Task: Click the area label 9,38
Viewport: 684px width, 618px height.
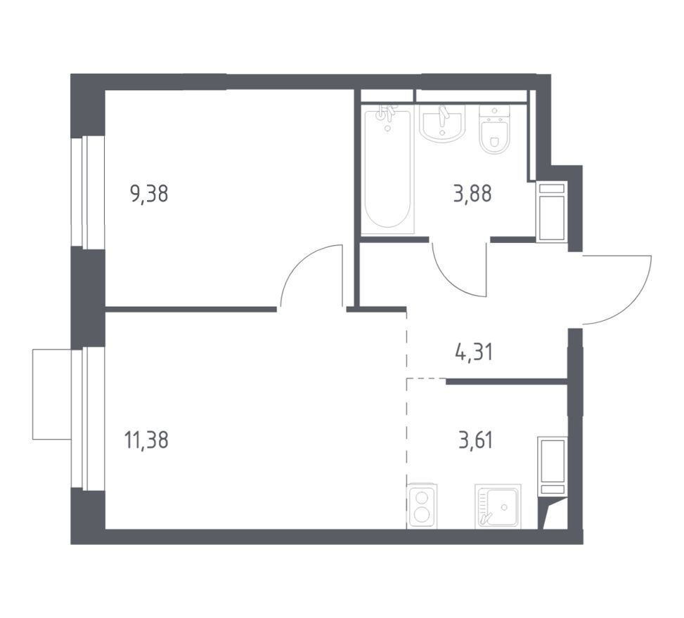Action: coord(149,194)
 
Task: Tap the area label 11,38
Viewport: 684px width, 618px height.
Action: coord(146,440)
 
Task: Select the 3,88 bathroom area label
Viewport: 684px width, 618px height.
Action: coord(472,194)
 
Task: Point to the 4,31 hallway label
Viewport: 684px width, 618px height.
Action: coord(473,352)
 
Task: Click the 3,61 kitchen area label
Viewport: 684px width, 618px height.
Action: coord(475,440)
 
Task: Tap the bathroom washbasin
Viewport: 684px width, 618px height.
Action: coord(442,124)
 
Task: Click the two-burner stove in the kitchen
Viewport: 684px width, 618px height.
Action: coord(421,506)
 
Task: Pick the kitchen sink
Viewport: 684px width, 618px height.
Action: coord(498,506)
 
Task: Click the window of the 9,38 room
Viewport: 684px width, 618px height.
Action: coord(85,192)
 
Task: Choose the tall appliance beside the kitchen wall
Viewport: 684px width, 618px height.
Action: coord(553,466)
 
